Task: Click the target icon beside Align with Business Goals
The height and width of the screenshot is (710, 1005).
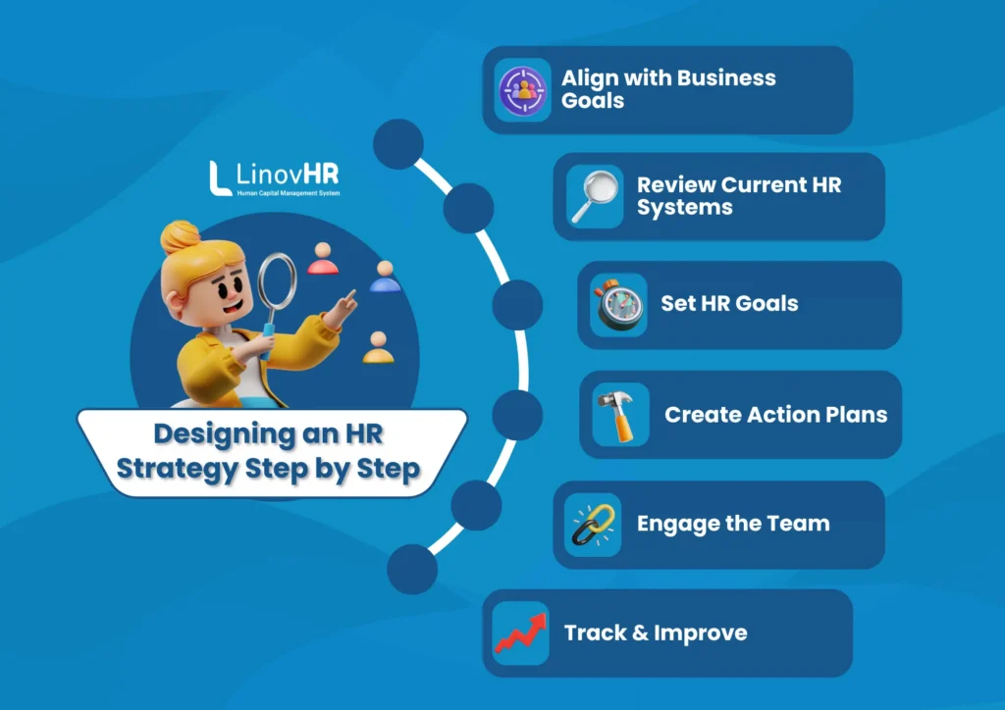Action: pos(522,89)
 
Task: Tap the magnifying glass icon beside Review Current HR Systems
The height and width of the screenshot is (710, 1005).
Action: pos(595,196)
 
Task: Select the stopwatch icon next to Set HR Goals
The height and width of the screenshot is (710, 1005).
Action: pos(618,304)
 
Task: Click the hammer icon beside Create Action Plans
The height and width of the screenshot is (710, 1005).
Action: pos(620,414)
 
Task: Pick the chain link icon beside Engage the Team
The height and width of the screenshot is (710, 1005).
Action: pos(593,524)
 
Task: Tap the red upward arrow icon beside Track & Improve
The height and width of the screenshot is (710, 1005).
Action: pos(521,633)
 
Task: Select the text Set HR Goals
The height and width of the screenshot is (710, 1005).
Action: pos(729,304)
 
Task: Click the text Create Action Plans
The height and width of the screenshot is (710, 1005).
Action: pos(775,414)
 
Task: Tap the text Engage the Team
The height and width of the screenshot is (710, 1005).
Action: pos(733,524)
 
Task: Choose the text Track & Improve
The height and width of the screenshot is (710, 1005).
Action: pos(656,633)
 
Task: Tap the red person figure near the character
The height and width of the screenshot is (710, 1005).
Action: pos(322,260)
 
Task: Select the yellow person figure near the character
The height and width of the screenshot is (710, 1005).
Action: pos(377,347)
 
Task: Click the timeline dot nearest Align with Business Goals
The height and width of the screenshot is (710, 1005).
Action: pos(397,143)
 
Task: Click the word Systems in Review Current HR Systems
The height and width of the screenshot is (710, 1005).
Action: pos(684,208)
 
